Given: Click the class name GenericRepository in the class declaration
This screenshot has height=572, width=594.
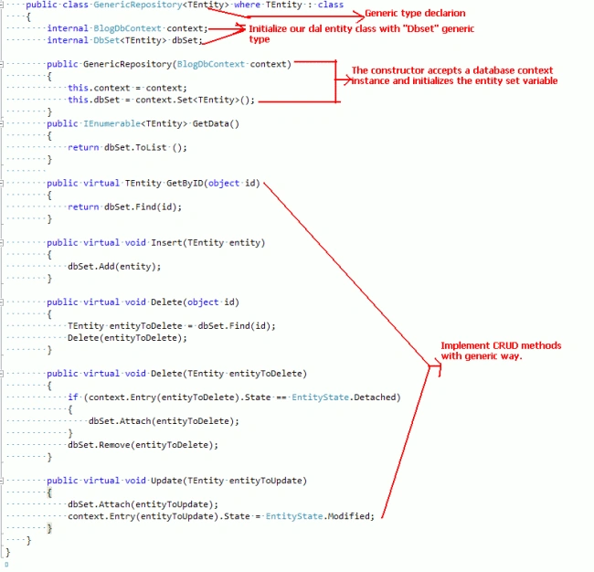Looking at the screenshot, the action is click(138, 5).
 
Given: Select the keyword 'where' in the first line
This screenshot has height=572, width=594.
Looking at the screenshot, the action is click(247, 5).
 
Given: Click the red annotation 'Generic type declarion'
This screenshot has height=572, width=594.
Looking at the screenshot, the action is click(415, 14).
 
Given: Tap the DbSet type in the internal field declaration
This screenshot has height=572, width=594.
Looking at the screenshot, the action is click(106, 40).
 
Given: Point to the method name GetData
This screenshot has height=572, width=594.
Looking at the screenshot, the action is click(210, 124).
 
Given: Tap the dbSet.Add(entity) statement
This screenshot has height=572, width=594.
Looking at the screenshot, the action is click(114, 267).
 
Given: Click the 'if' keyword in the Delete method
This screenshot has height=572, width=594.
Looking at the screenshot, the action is click(73, 397).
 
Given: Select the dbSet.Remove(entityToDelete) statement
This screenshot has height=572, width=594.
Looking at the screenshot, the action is click(143, 445).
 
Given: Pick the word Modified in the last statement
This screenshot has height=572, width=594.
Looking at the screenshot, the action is click(349, 516).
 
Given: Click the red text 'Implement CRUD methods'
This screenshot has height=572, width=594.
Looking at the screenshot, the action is click(501, 345).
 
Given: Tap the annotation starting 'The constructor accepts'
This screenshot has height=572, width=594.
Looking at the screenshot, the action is click(454, 76).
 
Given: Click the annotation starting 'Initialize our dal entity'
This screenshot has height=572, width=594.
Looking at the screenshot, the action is click(361, 34).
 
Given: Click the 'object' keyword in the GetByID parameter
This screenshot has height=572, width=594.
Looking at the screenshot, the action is click(224, 184).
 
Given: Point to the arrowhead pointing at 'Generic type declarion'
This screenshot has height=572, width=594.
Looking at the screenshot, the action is click(359, 16).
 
